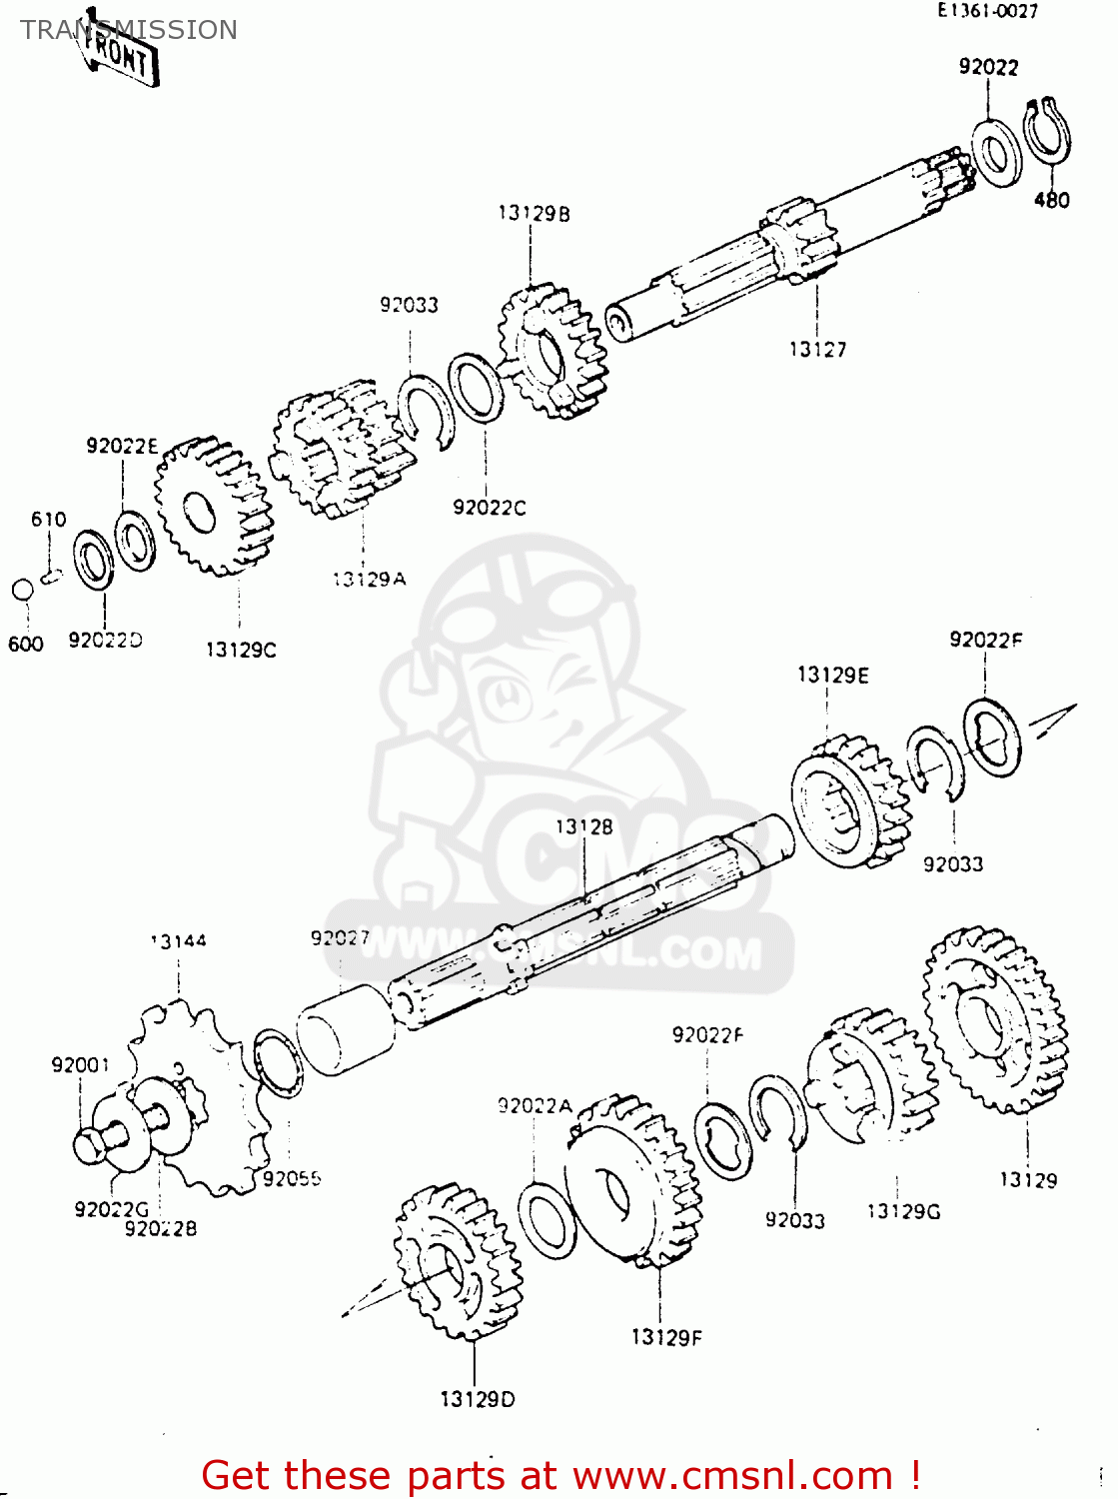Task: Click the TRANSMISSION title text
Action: click(129, 30)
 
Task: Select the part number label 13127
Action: click(817, 349)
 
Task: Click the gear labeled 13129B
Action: click(553, 351)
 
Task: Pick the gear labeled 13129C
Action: click(213, 507)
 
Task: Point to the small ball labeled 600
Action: click(23, 590)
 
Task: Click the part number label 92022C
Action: click(489, 508)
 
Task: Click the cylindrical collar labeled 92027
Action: click(346, 1029)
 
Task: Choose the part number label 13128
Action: click(584, 826)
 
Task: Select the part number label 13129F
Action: click(666, 1337)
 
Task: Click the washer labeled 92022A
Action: click(547, 1219)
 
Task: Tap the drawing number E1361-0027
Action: click(987, 11)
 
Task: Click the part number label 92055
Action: click(292, 1178)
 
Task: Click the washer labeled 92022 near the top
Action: click(996, 153)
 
